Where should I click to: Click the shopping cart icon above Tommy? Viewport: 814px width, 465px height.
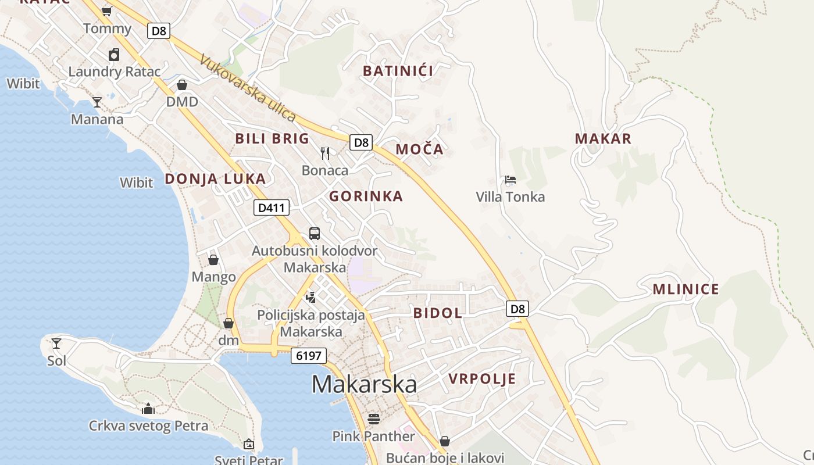(106, 11)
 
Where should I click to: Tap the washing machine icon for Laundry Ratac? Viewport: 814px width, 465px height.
(114, 55)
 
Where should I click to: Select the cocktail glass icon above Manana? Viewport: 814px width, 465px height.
(97, 102)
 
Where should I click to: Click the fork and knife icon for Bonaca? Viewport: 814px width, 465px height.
(325, 153)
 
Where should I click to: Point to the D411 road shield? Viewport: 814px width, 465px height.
(271, 208)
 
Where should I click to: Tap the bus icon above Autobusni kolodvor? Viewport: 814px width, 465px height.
(315, 234)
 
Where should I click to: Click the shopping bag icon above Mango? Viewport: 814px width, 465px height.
(213, 260)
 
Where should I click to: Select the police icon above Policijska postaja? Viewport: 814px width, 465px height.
(311, 298)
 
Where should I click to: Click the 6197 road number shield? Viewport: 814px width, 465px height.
(309, 355)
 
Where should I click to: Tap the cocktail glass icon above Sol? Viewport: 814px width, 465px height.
(56, 344)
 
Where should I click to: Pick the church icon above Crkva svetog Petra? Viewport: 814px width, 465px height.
(148, 409)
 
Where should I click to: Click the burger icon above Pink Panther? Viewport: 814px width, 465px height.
(374, 419)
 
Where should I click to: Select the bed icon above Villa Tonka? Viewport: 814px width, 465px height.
(510, 180)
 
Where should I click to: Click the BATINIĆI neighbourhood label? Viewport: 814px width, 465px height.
(398, 71)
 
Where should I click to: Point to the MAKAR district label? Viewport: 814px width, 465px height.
(603, 139)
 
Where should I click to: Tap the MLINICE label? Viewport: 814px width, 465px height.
(686, 289)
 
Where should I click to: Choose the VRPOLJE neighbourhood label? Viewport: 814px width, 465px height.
(482, 380)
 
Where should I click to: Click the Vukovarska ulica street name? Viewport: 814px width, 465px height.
(248, 88)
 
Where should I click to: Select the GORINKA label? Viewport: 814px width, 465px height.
(366, 196)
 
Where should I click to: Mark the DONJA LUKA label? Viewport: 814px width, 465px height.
(215, 179)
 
